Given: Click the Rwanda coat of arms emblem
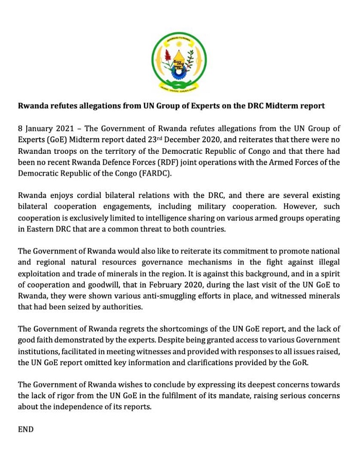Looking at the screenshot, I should point(179,62).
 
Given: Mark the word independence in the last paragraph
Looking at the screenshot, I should point(85,407).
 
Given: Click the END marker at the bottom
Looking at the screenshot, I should point(26,429).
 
